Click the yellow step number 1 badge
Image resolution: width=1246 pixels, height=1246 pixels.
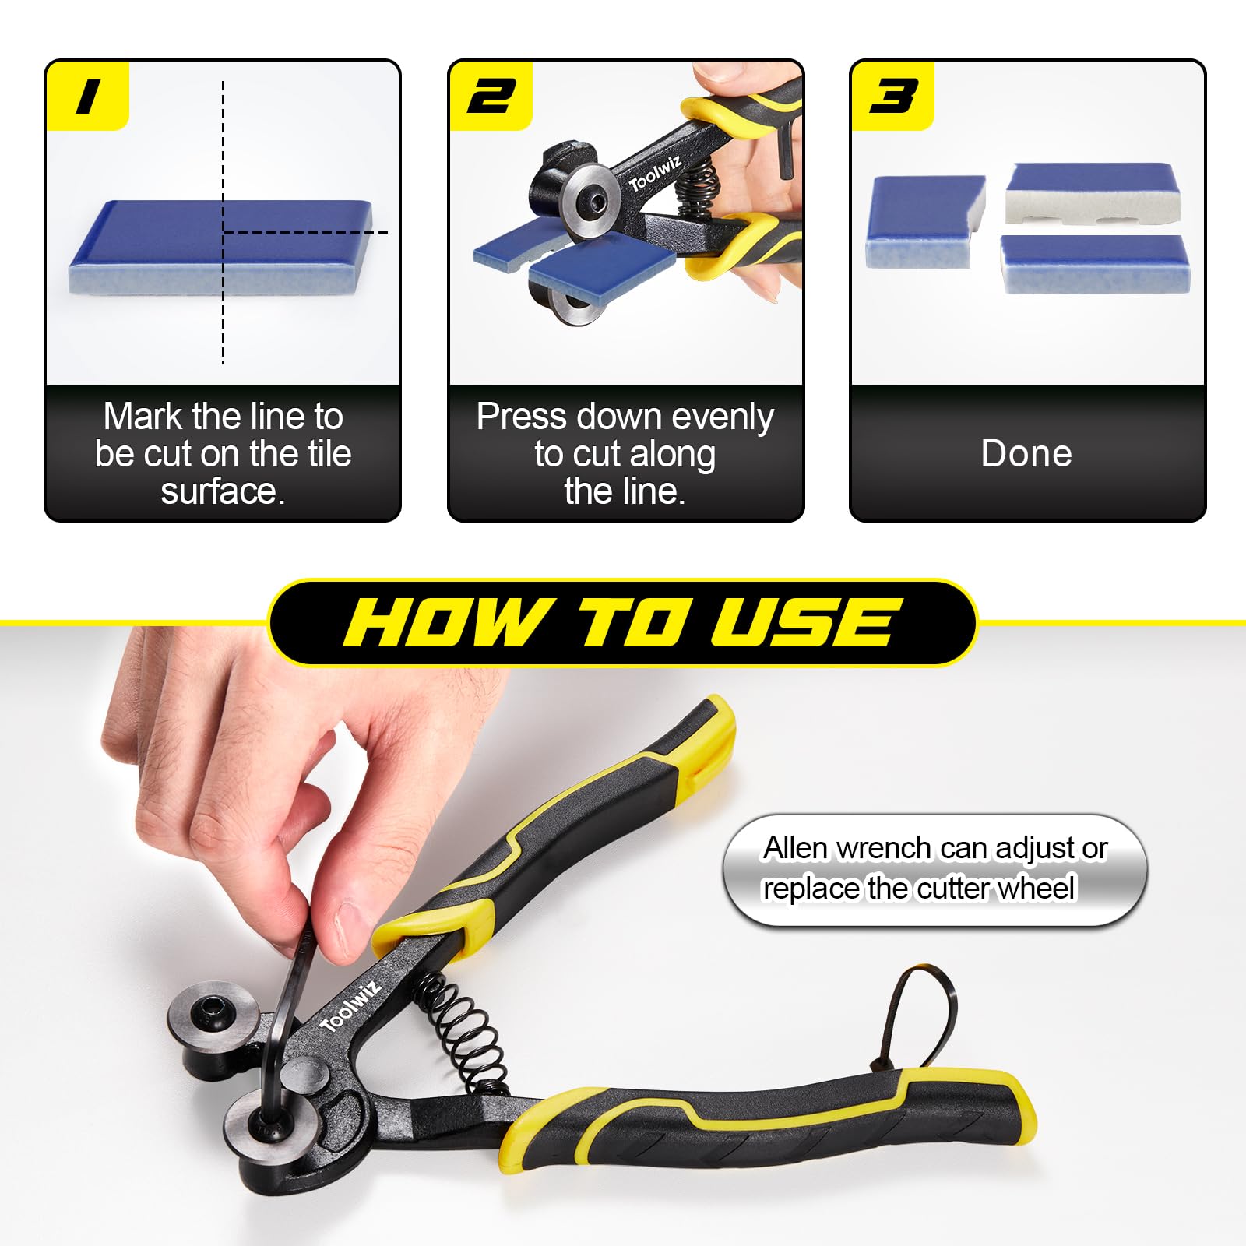87,96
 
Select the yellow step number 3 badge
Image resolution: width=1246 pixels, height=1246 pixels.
892,96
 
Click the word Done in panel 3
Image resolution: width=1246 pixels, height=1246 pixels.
1026,453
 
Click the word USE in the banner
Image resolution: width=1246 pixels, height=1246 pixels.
804,622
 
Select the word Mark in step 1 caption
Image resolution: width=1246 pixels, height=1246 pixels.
143,417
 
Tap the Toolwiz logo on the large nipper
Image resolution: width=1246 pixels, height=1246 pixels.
351,1006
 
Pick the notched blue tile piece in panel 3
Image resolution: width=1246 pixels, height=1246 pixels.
925,221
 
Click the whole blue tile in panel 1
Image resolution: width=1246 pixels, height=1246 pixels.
220,247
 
